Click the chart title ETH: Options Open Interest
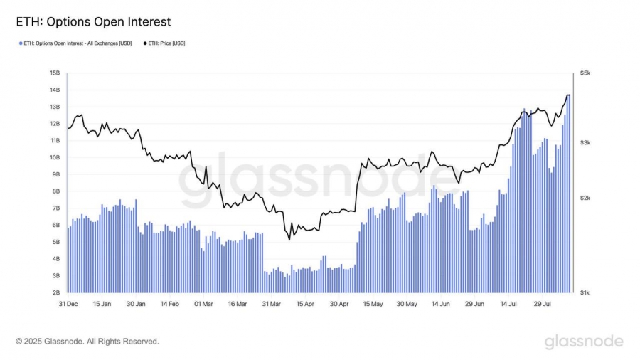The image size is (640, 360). point(93,22)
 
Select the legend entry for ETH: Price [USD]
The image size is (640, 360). point(166,43)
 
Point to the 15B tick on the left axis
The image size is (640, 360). point(55,73)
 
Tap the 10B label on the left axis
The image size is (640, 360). point(55,157)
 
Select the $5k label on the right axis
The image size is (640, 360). point(585,73)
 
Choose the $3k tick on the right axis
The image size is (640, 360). point(585,143)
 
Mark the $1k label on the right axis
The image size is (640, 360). point(585,292)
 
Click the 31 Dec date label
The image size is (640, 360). point(68,304)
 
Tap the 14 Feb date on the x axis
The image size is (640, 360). point(169,304)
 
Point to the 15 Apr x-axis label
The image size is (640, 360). point(304,304)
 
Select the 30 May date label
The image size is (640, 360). point(407,304)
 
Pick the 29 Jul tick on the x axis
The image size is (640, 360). point(542,304)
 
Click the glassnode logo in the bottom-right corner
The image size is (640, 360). point(584,342)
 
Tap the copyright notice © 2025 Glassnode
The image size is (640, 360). point(87,342)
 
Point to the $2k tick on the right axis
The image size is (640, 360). point(585,198)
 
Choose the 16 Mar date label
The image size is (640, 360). point(237,304)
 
